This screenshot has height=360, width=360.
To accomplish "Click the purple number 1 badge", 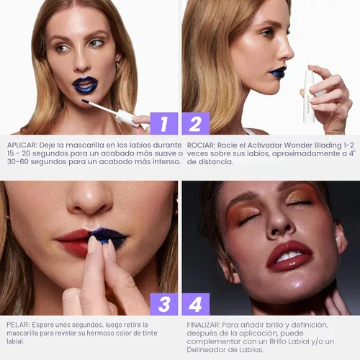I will click(x=164, y=123).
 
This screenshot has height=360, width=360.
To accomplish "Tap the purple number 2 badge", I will click(x=196, y=123).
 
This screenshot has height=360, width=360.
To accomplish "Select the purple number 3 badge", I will click(x=164, y=304).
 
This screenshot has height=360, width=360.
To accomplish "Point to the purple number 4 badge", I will click(x=196, y=304).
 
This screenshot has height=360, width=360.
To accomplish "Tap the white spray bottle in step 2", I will click(x=308, y=94).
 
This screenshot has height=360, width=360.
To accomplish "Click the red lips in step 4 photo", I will click(x=289, y=255).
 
